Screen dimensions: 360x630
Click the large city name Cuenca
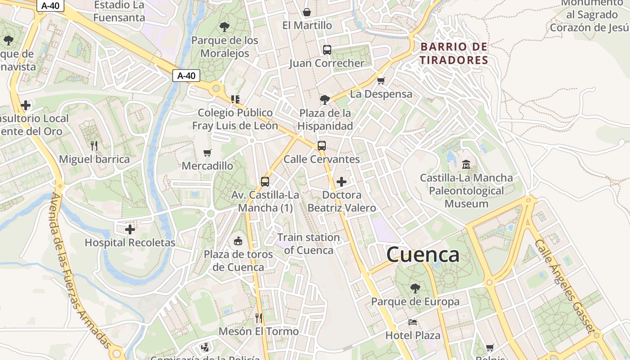(x=423, y=255)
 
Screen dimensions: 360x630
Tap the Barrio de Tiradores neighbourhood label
(x=454, y=54)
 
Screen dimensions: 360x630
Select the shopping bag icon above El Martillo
(x=307, y=12)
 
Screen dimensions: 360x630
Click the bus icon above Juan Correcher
(x=327, y=50)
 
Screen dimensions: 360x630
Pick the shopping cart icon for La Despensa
(x=381, y=81)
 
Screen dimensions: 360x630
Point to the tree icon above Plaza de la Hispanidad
(x=324, y=99)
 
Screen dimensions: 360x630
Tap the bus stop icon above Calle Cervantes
(x=321, y=146)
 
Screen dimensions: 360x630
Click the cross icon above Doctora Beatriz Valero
(x=342, y=182)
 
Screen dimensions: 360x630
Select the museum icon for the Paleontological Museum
(x=466, y=165)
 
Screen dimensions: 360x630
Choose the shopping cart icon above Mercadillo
(x=207, y=153)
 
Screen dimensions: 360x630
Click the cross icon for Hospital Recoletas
(x=130, y=229)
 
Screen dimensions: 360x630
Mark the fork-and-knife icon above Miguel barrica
(x=94, y=146)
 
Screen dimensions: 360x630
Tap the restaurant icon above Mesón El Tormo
(x=258, y=318)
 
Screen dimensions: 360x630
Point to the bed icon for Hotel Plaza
(x=413, y=322)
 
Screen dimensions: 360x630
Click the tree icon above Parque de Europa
(x=415, y=288)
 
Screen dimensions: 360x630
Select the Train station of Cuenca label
(x=309, y=243)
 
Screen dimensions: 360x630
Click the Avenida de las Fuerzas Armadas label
(x=80, y=270)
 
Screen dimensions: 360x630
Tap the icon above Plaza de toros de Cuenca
(x=238, y=241)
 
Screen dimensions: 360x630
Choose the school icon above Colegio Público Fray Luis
(x=235, y=99)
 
